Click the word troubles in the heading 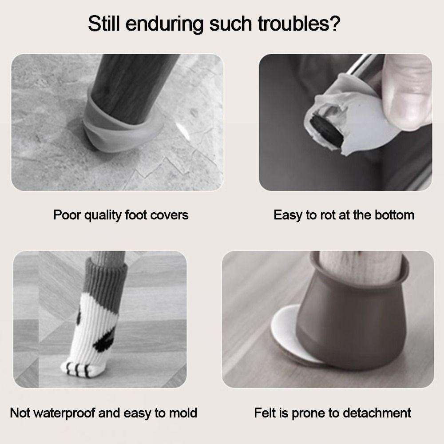click(x=294, y=24)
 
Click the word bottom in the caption click(x=392, y=215)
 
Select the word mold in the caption click(x=183, y=413)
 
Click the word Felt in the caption click(x=266, y=413)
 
